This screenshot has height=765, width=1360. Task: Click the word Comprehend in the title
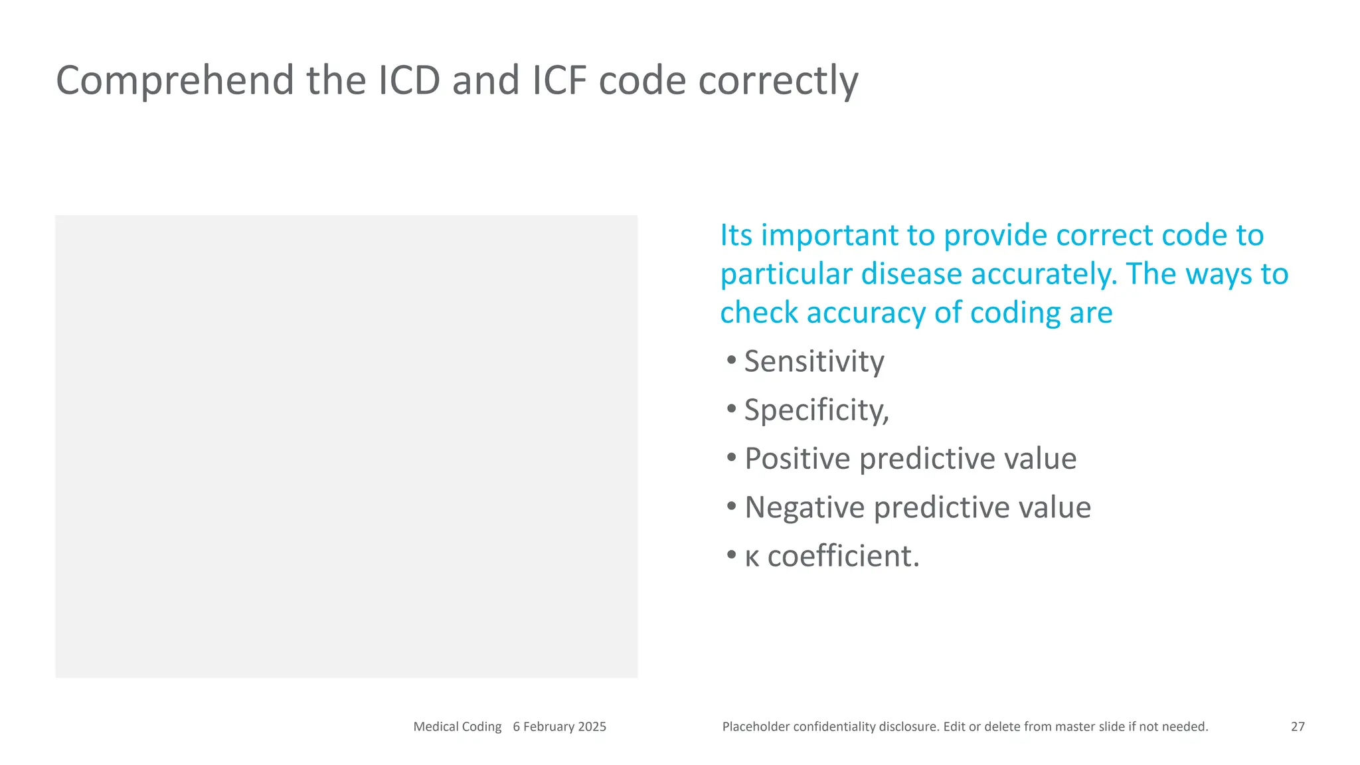pos(174,81)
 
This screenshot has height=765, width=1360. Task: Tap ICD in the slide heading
pos(409,81)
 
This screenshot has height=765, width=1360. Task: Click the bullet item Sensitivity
pos(813,362)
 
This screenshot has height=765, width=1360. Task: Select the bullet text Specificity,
pos(816,410)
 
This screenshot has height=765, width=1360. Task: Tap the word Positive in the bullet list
pos(797,459)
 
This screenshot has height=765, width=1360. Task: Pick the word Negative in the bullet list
pos(804,507)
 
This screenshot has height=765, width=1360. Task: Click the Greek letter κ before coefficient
pos(752,557)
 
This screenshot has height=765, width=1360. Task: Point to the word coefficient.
pos(843,556)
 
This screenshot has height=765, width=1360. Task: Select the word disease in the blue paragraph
pos(911,274)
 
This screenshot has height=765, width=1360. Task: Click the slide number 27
pos(1298,726)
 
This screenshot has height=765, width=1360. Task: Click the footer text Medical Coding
pos(457,726)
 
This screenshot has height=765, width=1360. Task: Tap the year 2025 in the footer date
pos(592,726)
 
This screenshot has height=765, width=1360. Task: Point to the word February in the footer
pos(549,726)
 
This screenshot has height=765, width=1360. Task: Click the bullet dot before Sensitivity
pos(731,361)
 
